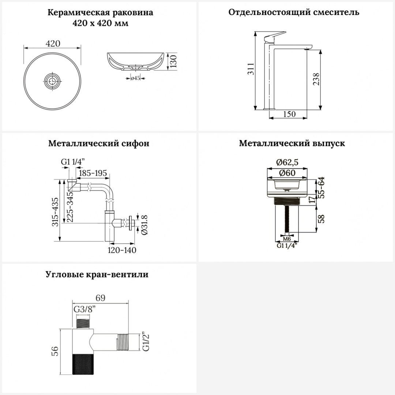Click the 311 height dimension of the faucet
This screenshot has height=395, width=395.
coord(251,69)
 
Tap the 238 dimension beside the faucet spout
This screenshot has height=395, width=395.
coord(316,79)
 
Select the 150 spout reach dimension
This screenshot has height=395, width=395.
coord(289,114)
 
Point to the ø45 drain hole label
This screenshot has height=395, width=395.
coord(135,78)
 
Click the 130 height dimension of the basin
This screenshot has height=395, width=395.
coord(173,61)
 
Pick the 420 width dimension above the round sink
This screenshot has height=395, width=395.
coord(53,44)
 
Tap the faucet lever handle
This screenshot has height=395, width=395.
coord(275,36)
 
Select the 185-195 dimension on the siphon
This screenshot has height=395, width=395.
coord(93,173)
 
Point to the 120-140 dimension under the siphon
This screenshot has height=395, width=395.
coord(122,250)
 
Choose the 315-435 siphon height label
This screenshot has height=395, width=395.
coord(55,212)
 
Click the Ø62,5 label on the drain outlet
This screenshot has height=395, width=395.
coord(287,162)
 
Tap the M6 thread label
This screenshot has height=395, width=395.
coord(287,239)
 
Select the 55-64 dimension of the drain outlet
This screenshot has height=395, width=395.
coord(321,188)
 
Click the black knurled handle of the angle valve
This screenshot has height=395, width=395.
coord(83,364)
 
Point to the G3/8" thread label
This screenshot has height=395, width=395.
coord(85,309)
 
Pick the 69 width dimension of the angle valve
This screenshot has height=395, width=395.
coord(100,298)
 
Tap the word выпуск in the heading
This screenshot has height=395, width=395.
coord(329,143)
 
